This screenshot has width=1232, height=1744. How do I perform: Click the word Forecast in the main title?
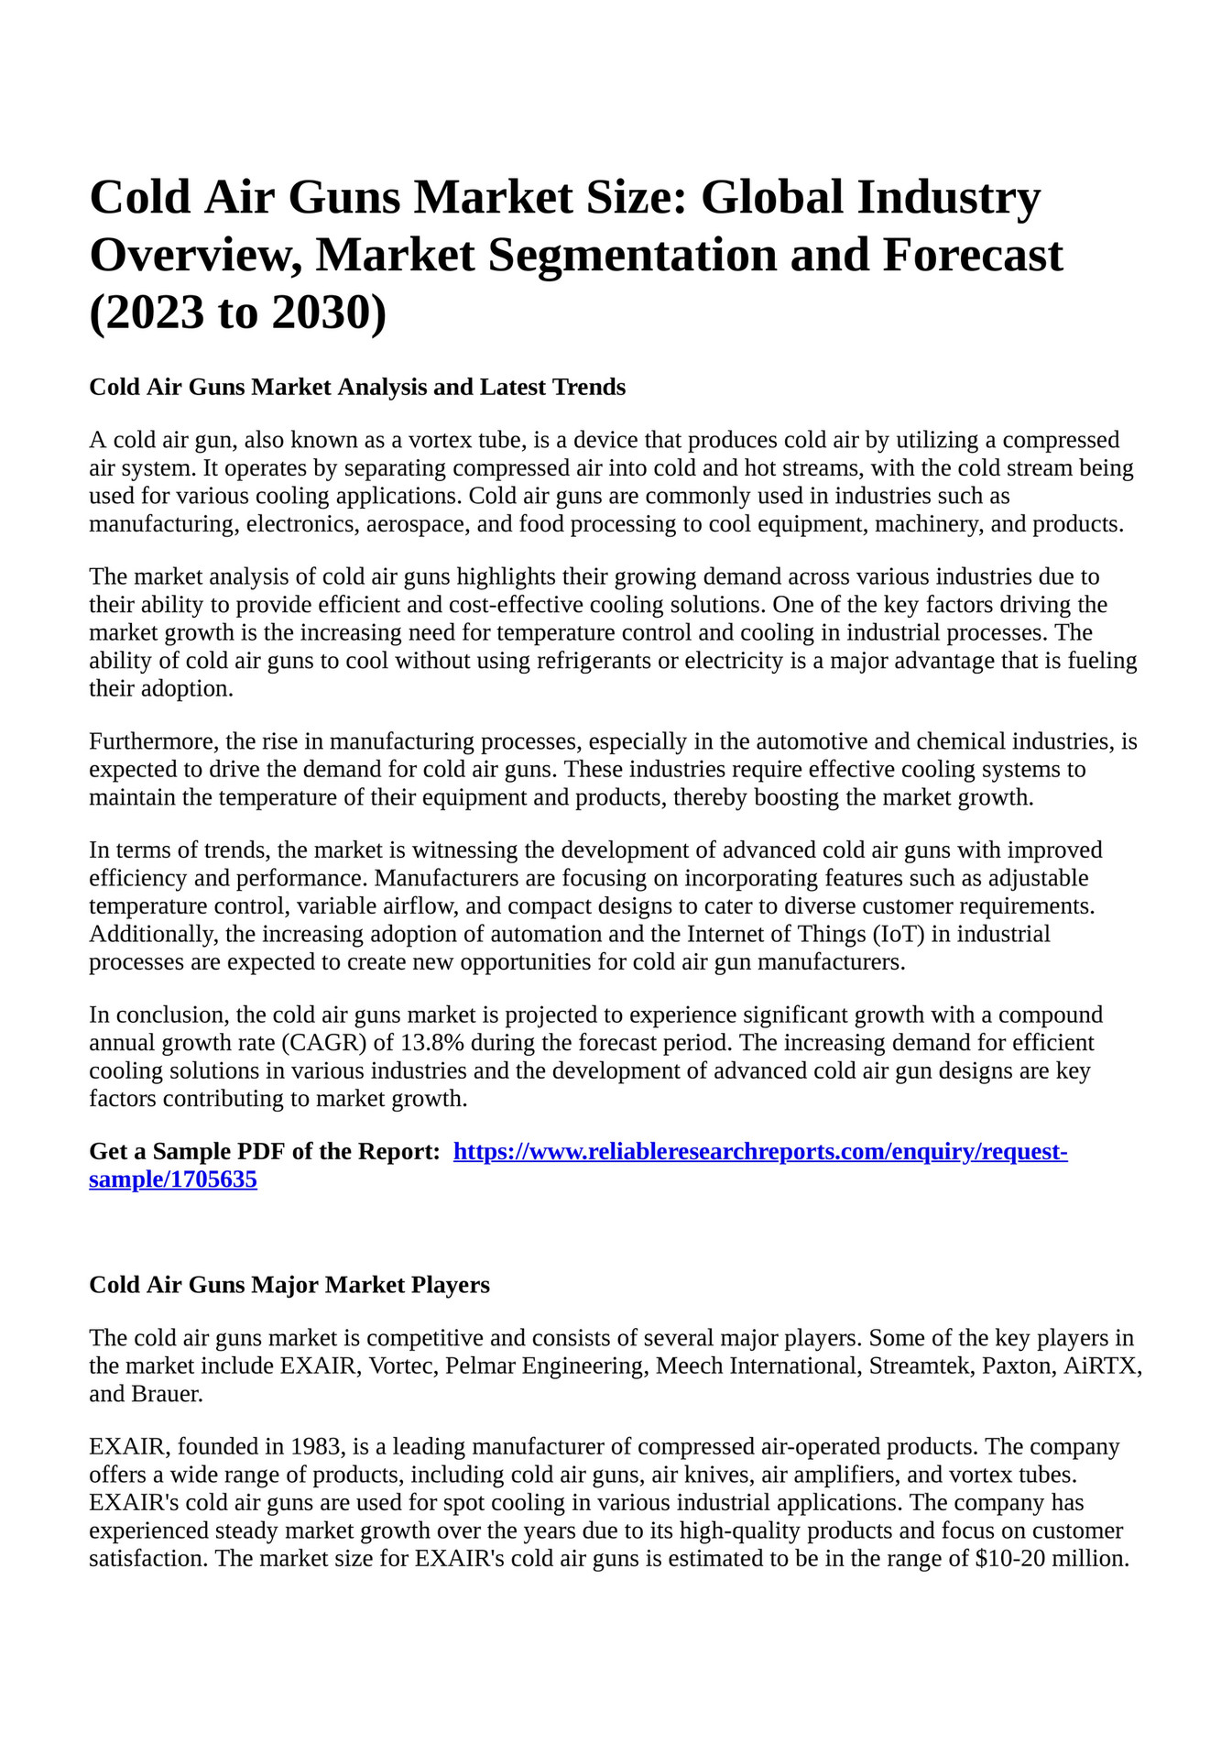click(972, 255)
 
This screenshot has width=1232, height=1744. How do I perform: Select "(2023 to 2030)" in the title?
click(238, 312)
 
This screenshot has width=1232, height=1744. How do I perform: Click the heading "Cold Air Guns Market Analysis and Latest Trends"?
click(357, 387)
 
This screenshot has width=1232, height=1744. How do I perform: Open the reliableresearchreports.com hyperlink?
click(760, 1152)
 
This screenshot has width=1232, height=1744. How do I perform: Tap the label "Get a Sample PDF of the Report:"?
click(265, 1152)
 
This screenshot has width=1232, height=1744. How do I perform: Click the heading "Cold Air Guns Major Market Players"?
click(289, 1285)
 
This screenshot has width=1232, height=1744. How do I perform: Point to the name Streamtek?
click(921, 1366)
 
